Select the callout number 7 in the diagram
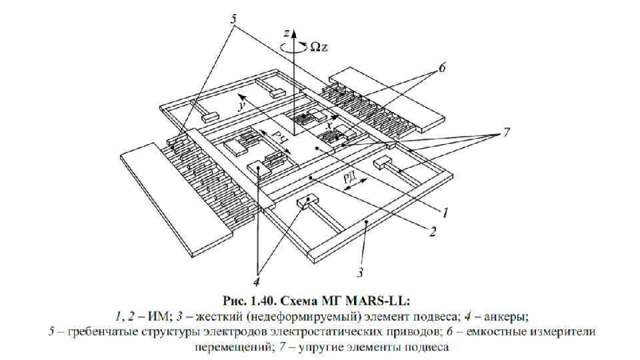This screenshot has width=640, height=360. [x=507, y=133]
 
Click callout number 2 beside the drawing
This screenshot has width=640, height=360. [x=433, y=231]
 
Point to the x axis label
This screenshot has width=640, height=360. [x=328, y=125]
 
